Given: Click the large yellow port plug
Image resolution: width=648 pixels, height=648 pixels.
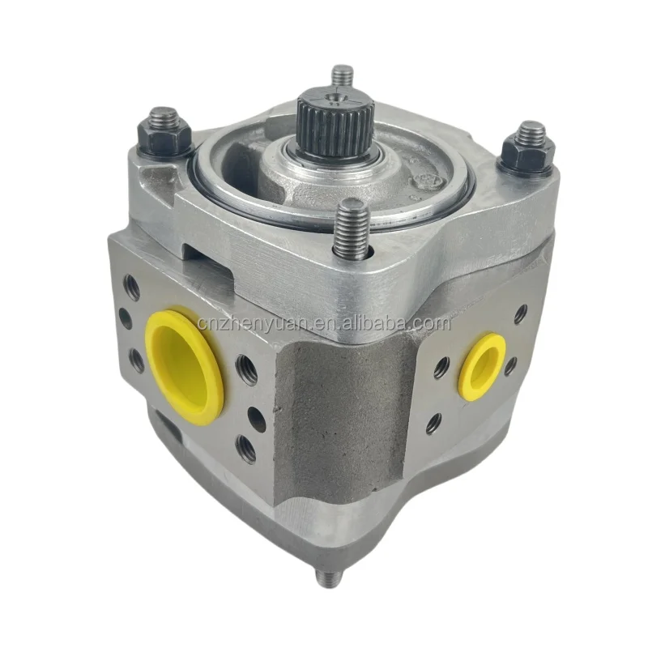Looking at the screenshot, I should tap(185, 364).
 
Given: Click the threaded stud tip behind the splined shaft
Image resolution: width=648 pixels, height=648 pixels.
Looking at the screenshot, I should tap(343, 77).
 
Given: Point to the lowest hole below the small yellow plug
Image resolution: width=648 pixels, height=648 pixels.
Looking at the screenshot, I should tap(434, 422).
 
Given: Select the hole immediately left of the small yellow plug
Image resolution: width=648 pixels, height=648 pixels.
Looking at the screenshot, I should tap(441, 369).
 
